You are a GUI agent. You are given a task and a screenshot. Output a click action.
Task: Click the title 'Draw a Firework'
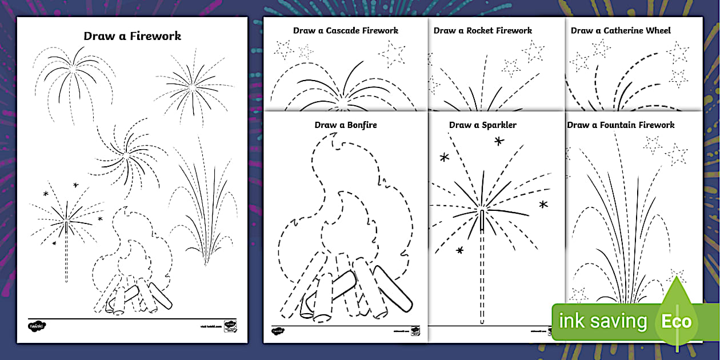point(132,35)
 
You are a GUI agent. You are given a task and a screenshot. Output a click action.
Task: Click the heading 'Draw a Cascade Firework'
point(345,30)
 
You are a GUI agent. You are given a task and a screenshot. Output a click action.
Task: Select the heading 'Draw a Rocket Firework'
point(482,30)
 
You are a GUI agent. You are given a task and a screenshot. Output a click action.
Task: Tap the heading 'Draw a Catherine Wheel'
point(621,30)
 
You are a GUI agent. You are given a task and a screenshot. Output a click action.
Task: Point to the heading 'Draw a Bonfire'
point(345,125)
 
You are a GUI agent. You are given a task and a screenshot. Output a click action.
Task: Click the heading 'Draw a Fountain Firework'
point(621,125)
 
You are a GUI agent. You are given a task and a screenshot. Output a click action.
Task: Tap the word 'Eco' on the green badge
point(677,321)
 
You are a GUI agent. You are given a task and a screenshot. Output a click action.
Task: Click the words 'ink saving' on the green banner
point(602,321)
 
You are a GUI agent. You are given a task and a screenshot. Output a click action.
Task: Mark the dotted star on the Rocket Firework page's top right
point(533,51)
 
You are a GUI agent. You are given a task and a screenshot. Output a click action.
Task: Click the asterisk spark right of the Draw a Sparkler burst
point(543,204)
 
